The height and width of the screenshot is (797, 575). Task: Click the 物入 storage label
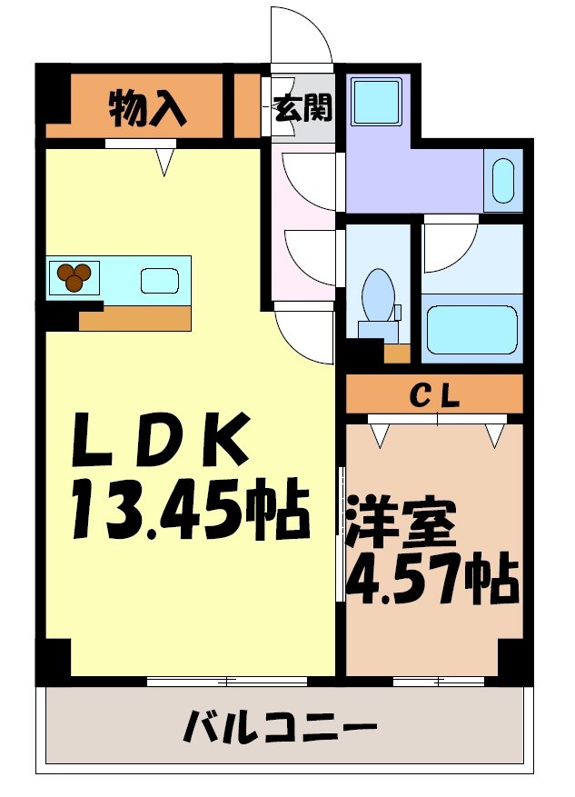147,108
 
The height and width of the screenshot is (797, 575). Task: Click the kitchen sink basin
160,281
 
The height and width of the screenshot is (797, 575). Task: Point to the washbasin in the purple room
502,180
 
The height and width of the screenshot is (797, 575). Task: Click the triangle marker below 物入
164,161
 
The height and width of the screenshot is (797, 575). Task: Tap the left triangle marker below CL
380,435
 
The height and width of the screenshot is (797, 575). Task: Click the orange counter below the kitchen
134,318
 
